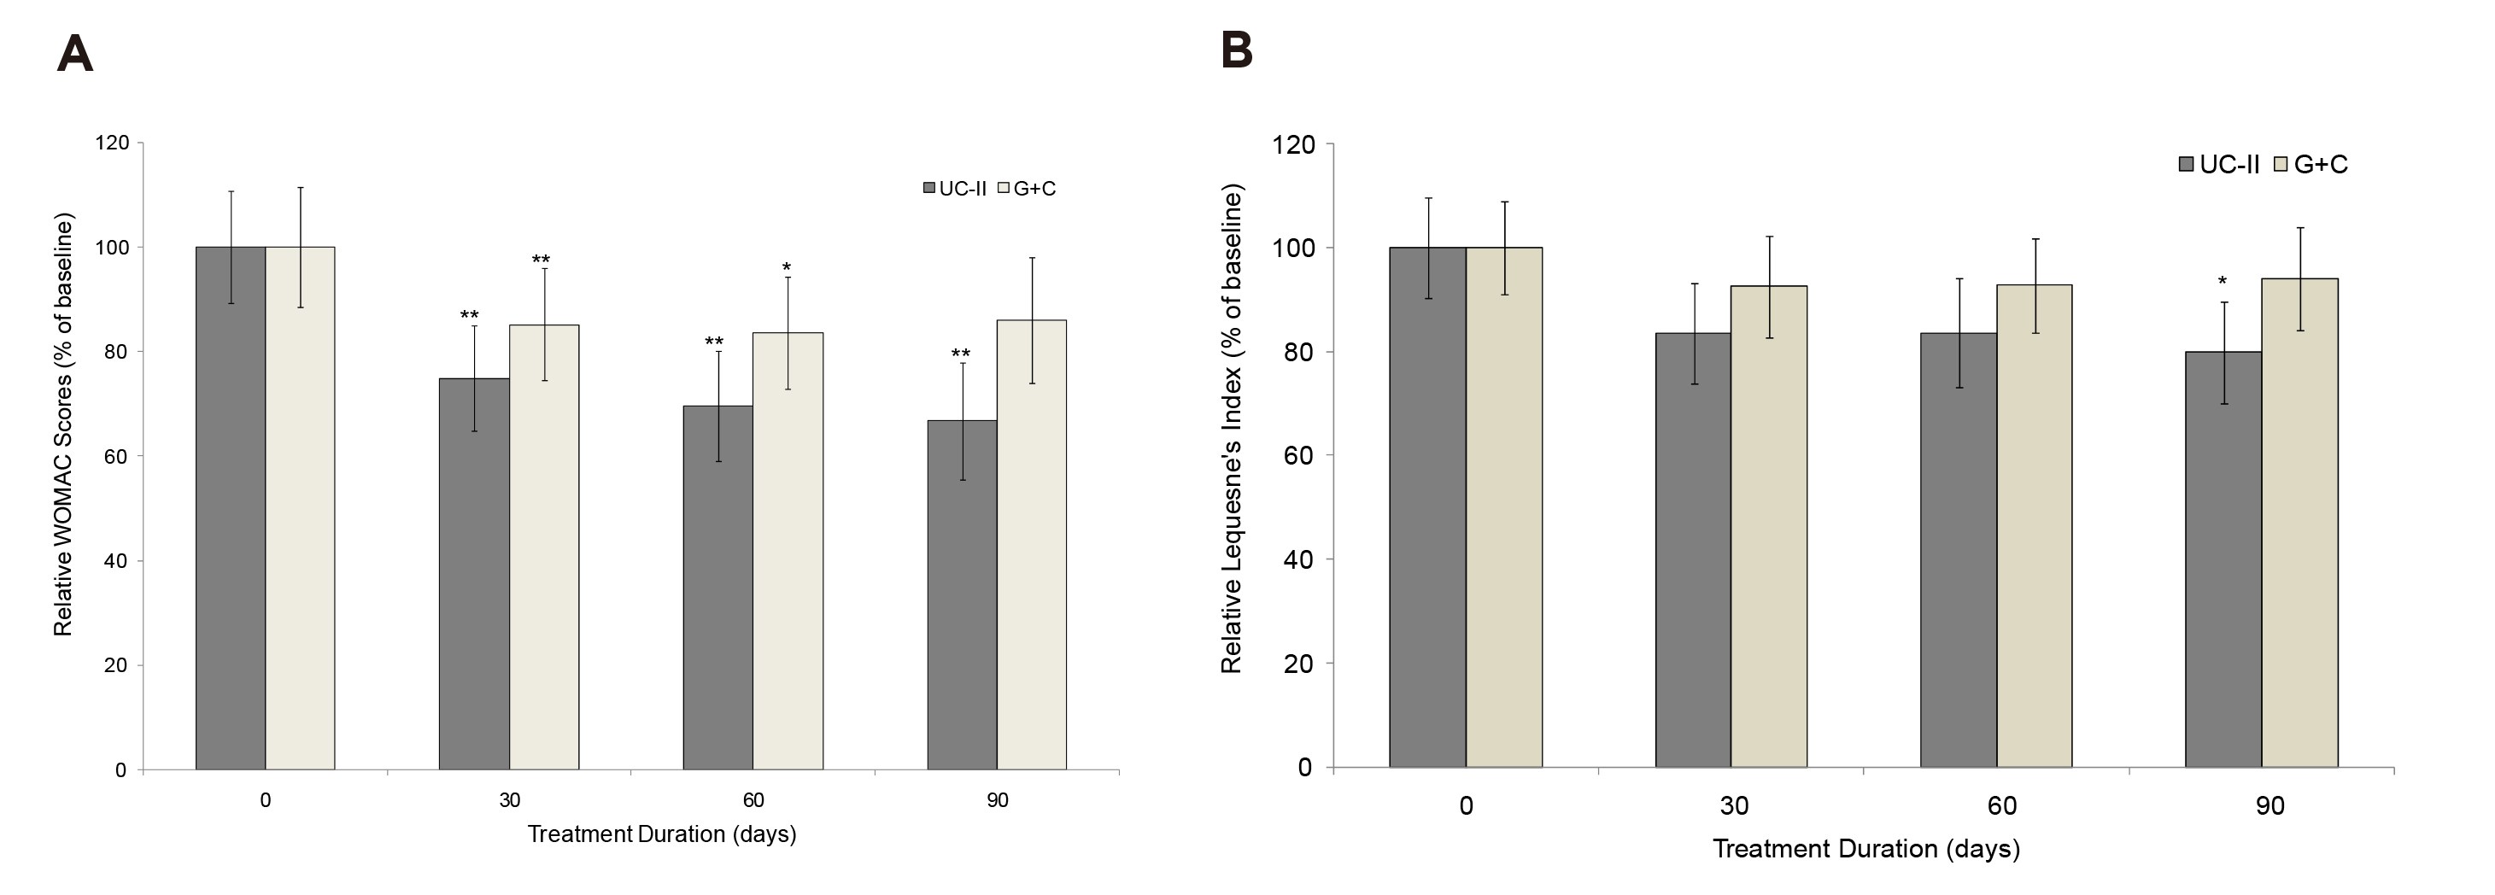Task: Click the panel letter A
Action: coord(74,55)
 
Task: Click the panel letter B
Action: coord(1237,50)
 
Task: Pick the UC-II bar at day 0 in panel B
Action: coord(1426,506)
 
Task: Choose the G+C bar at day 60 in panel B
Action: coord(2034,526)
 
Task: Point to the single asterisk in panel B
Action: coord(2223,282)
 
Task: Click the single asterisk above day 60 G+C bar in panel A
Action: coord(787,267)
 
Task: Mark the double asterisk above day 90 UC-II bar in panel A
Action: coord(961,354)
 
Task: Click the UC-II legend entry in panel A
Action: coord(955,189)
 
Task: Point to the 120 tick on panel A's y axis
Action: coord(111,143)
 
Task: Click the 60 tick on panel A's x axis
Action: coord(753,800)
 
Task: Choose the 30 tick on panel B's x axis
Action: coord(1734,806)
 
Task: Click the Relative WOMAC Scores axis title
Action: coord(63,427)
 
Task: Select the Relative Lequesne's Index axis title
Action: coord(1231,431)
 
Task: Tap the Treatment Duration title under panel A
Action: coord(661,834)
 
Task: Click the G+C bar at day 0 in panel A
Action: coord(301,507)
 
